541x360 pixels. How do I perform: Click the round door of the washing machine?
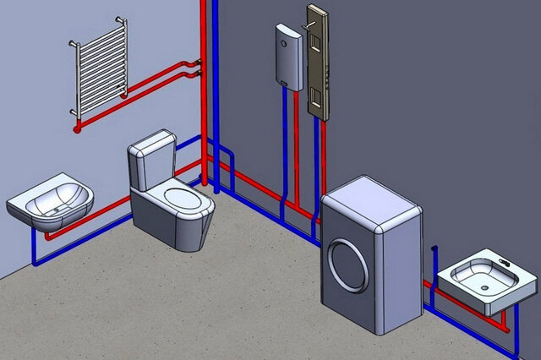pos(348,265)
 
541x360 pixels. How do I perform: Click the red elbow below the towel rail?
pos(79,128)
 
